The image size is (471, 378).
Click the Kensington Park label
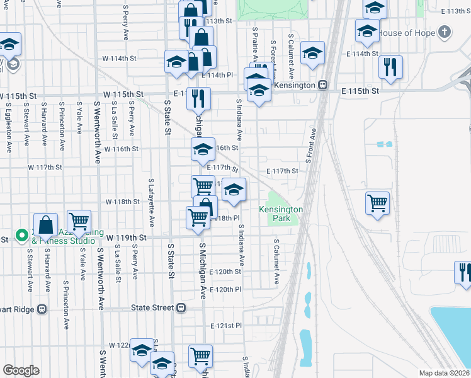point(281,214)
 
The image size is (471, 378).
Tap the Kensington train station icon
point(322,84)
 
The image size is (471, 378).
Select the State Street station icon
point(181,308)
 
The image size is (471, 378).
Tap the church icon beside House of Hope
point(445,32)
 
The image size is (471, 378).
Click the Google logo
point(21,370)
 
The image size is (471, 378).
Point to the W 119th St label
point(126,238)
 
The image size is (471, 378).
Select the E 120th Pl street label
point(225,290)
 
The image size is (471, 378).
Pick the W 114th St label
point(120,59)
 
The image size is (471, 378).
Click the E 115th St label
point(360,91)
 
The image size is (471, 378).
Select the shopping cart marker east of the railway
point(377,203)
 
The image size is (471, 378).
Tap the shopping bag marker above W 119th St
point(46,224)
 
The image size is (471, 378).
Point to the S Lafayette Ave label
point(151,202)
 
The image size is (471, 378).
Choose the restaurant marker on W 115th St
point(198,98)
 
